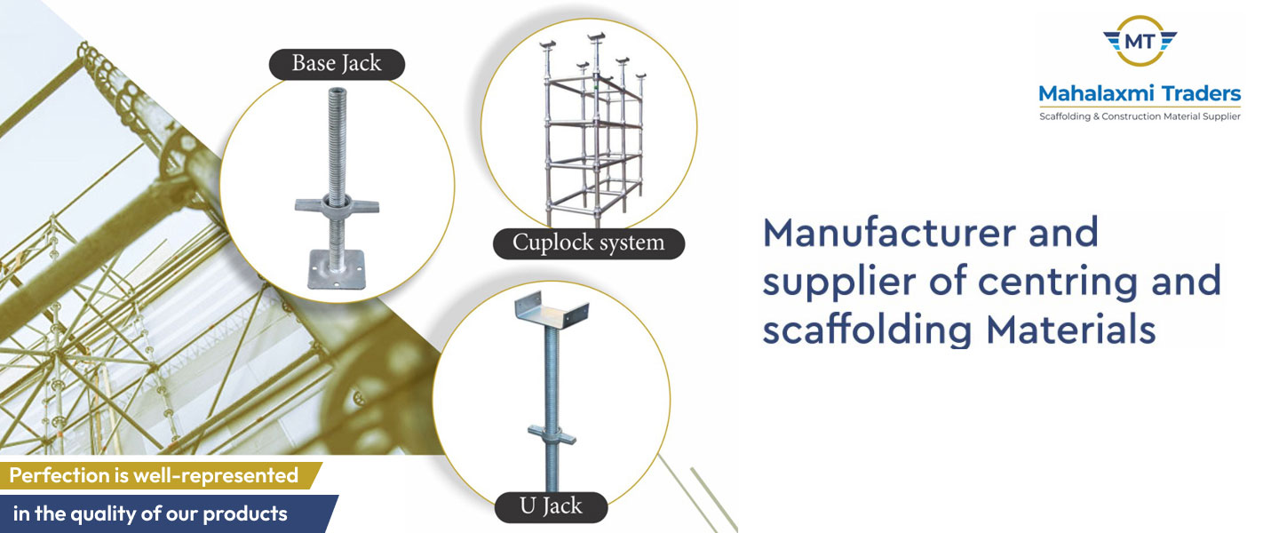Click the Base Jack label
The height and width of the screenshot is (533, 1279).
(337, 64)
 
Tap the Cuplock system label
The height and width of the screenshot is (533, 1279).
(589, 243)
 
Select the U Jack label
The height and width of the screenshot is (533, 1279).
(551, 506)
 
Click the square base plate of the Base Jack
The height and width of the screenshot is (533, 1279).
(337, 272)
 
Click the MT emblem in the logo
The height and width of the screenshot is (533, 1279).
(1140, 40)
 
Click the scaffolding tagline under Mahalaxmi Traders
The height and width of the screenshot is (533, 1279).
(1140, 117)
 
